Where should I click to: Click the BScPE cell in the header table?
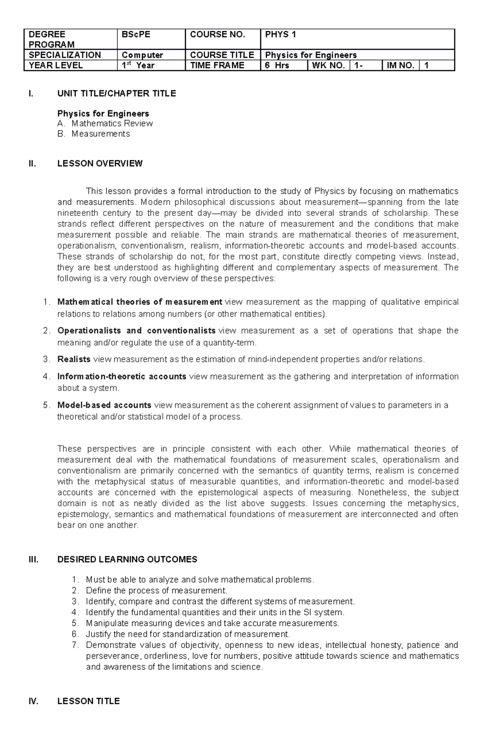click(x=151, y=39)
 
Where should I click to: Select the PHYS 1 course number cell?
click(x=357, y=39)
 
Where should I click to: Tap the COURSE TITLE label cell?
click(x=222, y=55)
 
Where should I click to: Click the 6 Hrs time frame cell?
click(x=283, y=65)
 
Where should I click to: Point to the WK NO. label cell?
click(x=328, y=65)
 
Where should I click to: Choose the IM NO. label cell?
click(x=400, y=65)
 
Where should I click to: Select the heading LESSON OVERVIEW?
click(x=100, y=163)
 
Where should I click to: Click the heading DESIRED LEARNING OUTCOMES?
click(x=127, y=559)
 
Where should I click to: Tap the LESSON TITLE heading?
click(x=89, y=701)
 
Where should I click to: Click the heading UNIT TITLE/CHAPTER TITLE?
click(x=117, y=94)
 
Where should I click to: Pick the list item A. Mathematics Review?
click(x=105, y=123)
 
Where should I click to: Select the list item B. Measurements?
click(x=94, y=134)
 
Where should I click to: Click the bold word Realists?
click(x=74, y=359)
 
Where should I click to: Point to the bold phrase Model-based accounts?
click(x=105, y=405)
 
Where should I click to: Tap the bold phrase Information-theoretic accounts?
click(x=122, y=376)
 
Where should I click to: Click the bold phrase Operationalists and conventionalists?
click(x=136, y=331)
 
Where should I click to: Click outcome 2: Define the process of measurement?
click(x=157, y=590)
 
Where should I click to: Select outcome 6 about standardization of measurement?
click(x=188, y=634)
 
